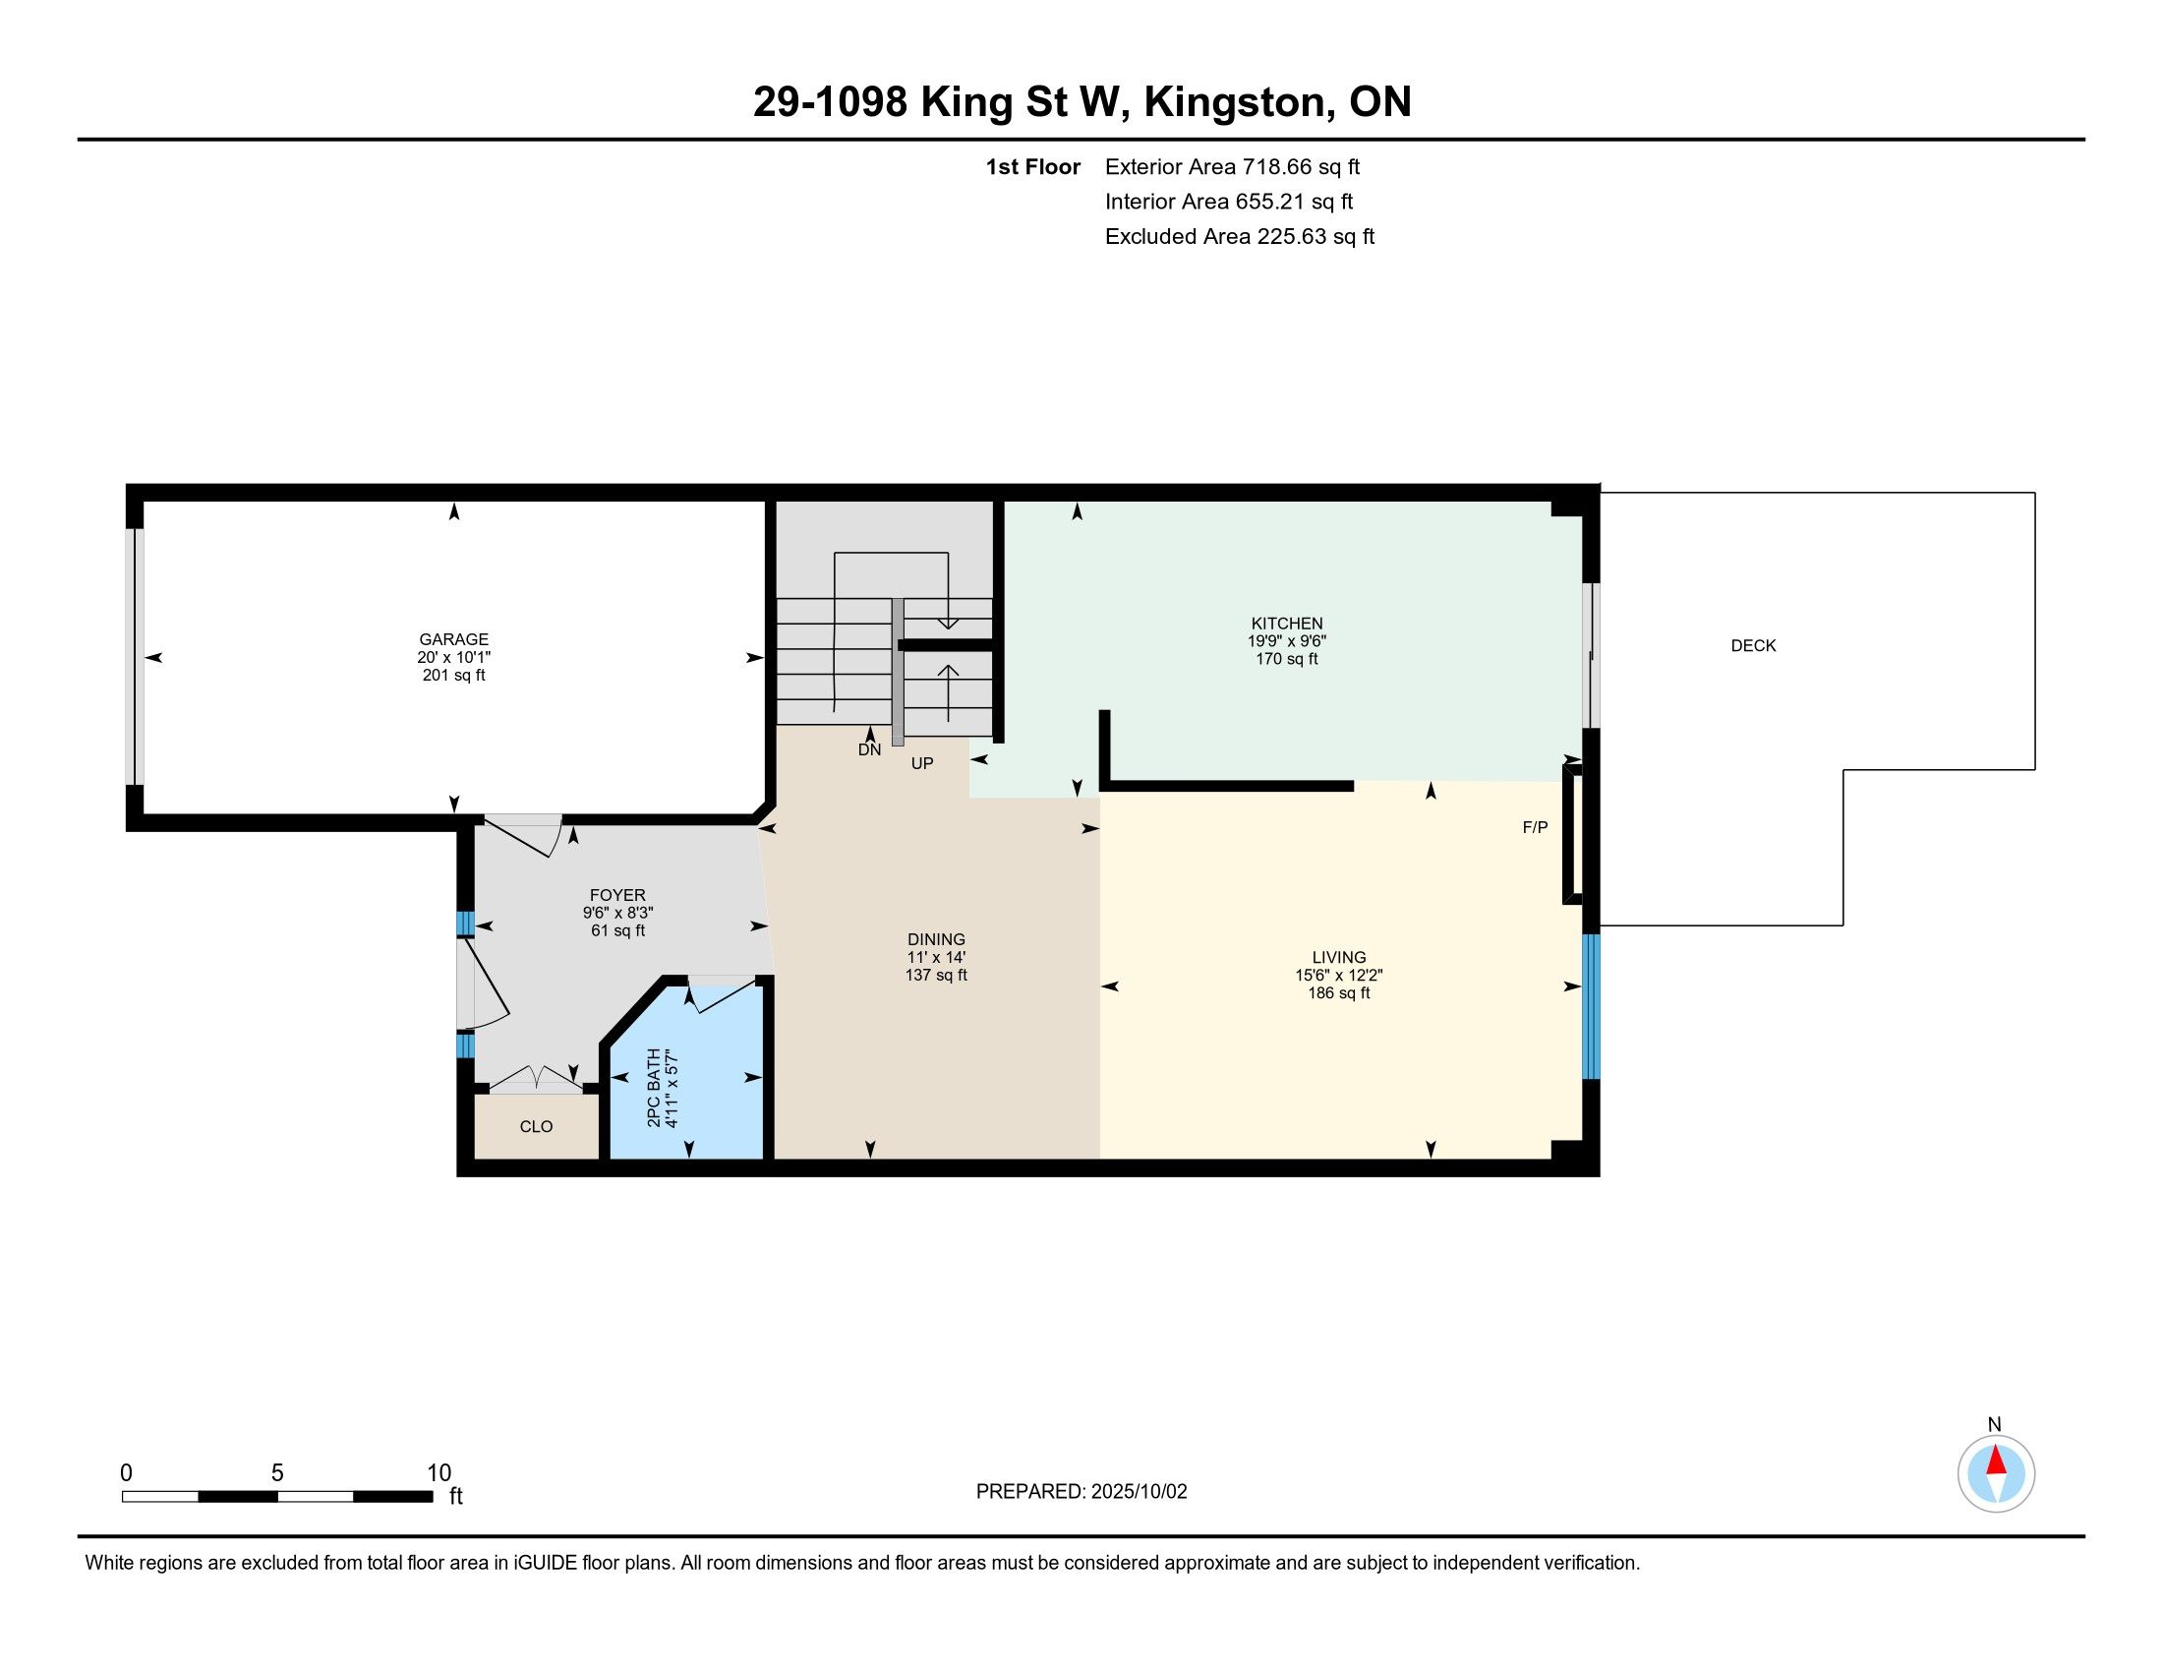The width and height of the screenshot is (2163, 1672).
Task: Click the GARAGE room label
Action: pos(453,640)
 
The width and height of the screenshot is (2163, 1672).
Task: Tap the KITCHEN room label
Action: pos(1287,623)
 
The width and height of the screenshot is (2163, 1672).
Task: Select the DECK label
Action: pos(1753,646)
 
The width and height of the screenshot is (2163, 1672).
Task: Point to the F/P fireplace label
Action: pos(1535,827)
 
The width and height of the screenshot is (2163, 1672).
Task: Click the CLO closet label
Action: pos(536,1126)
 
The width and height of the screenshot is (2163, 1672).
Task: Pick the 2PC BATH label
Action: pos(654,1088)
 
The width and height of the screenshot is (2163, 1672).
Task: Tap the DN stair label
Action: pos(869,749)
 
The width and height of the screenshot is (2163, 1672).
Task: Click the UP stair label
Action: pos(922,763)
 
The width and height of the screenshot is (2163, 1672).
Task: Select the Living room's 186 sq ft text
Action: pos(1339,993)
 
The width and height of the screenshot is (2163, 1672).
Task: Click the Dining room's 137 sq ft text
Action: pos(936,976)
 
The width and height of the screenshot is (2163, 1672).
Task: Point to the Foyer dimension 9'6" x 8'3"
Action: pos(618,914)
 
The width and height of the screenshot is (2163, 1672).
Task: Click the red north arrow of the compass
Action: pos(1997,1461)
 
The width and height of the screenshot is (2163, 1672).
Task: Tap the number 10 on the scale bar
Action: pos(438,1473)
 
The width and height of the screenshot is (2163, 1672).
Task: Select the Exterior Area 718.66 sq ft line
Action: pos(1232,167)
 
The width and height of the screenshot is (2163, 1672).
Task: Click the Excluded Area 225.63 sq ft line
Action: pos(1240,237)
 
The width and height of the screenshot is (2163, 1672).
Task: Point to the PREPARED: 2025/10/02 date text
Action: pos(1081,1492)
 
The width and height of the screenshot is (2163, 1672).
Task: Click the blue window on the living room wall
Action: pos(1592,1006)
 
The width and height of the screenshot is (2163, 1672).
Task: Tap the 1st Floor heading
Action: pos(1033,167)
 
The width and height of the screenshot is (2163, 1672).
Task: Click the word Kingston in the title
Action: pos(1234,103)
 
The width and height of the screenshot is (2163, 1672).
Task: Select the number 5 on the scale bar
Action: pos(277,1473)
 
